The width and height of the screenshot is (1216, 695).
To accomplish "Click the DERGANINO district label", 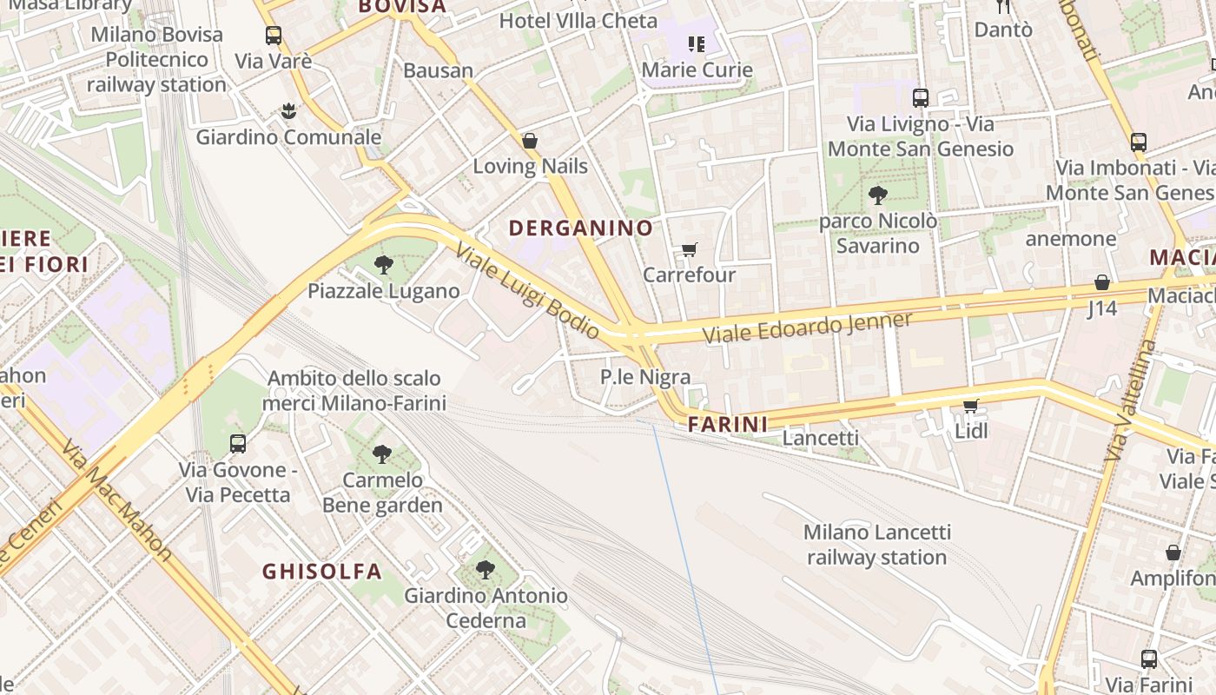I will tap(580, 228).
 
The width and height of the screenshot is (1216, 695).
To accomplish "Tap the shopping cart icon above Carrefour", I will tap(690, 250).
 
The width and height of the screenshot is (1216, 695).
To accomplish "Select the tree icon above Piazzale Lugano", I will tap(383, 265).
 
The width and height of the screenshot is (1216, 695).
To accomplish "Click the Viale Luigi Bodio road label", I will tap(526, 290).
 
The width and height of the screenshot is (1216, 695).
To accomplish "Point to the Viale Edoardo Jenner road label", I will tap(807, 328).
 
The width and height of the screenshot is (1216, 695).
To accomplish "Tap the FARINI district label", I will tap(728, 424).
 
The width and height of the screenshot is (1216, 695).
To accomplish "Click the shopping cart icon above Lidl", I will tap(971, 406).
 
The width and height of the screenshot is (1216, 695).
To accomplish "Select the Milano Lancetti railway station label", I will tap(876, 545).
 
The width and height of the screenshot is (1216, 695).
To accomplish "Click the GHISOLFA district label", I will tap(322, 571).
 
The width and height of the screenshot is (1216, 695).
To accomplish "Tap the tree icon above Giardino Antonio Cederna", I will tap(486, 570).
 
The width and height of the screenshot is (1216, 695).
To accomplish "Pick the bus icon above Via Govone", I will tap(238, 444).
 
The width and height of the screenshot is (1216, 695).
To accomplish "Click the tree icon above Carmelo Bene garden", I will tap(381, 453).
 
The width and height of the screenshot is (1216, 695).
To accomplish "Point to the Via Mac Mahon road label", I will tap(116, 500).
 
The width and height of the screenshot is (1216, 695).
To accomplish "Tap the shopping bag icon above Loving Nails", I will tap(530, 141).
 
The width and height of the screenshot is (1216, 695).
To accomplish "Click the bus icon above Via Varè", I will tap(274, 36).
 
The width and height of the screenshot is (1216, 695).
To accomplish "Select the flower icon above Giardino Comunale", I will tap(288, 111).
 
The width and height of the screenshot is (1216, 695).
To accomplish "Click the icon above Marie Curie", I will tap(697, 43).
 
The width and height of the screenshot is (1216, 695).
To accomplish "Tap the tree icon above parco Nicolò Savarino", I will tap(878, 195).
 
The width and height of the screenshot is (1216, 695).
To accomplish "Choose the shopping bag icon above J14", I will tap(1102, 282).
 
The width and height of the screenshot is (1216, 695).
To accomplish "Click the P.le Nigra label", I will tap(645, 377).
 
